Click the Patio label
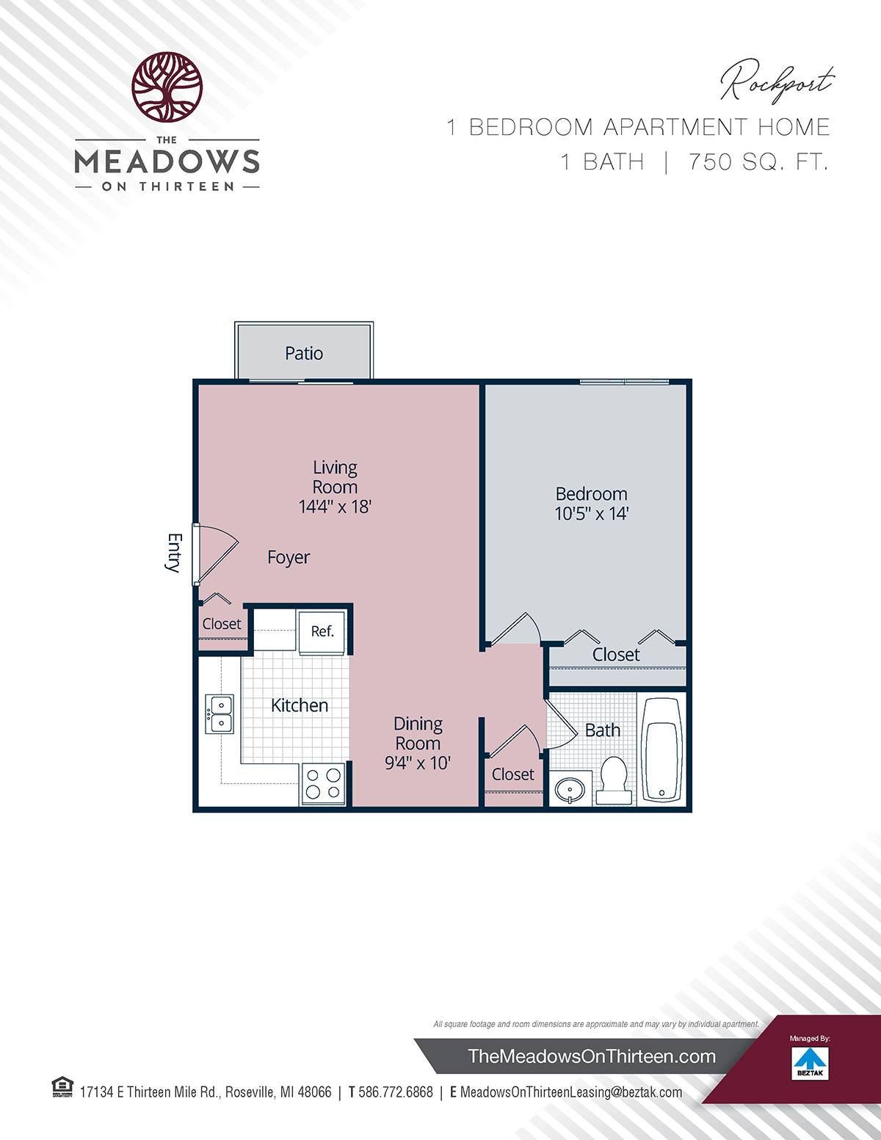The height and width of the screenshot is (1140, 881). point(304,353)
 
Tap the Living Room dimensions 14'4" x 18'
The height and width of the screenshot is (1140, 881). point(335,507)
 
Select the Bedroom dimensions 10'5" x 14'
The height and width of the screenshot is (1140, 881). point(591,513)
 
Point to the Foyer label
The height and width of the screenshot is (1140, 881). point(289,557)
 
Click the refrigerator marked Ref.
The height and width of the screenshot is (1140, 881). point(322,631)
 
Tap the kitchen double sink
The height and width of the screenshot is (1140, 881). point(220,714)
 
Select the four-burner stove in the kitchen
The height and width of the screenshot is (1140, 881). point(323,784)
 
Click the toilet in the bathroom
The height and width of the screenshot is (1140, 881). point(613,780)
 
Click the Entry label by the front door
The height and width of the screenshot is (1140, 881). point(175,553)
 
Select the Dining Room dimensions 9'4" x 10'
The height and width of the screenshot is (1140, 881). point(418,763)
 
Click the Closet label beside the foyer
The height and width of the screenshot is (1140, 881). point(222,624)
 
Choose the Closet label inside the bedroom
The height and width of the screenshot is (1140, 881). point(616,655)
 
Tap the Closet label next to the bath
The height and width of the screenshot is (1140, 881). point(512,774)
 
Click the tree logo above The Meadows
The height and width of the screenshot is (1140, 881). point(167,87)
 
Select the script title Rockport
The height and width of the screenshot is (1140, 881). point(777,81)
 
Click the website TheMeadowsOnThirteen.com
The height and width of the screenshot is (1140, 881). point(592,1056)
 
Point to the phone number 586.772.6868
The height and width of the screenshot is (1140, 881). point(396,1092)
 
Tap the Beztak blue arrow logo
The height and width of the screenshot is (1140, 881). point(811,1060)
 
